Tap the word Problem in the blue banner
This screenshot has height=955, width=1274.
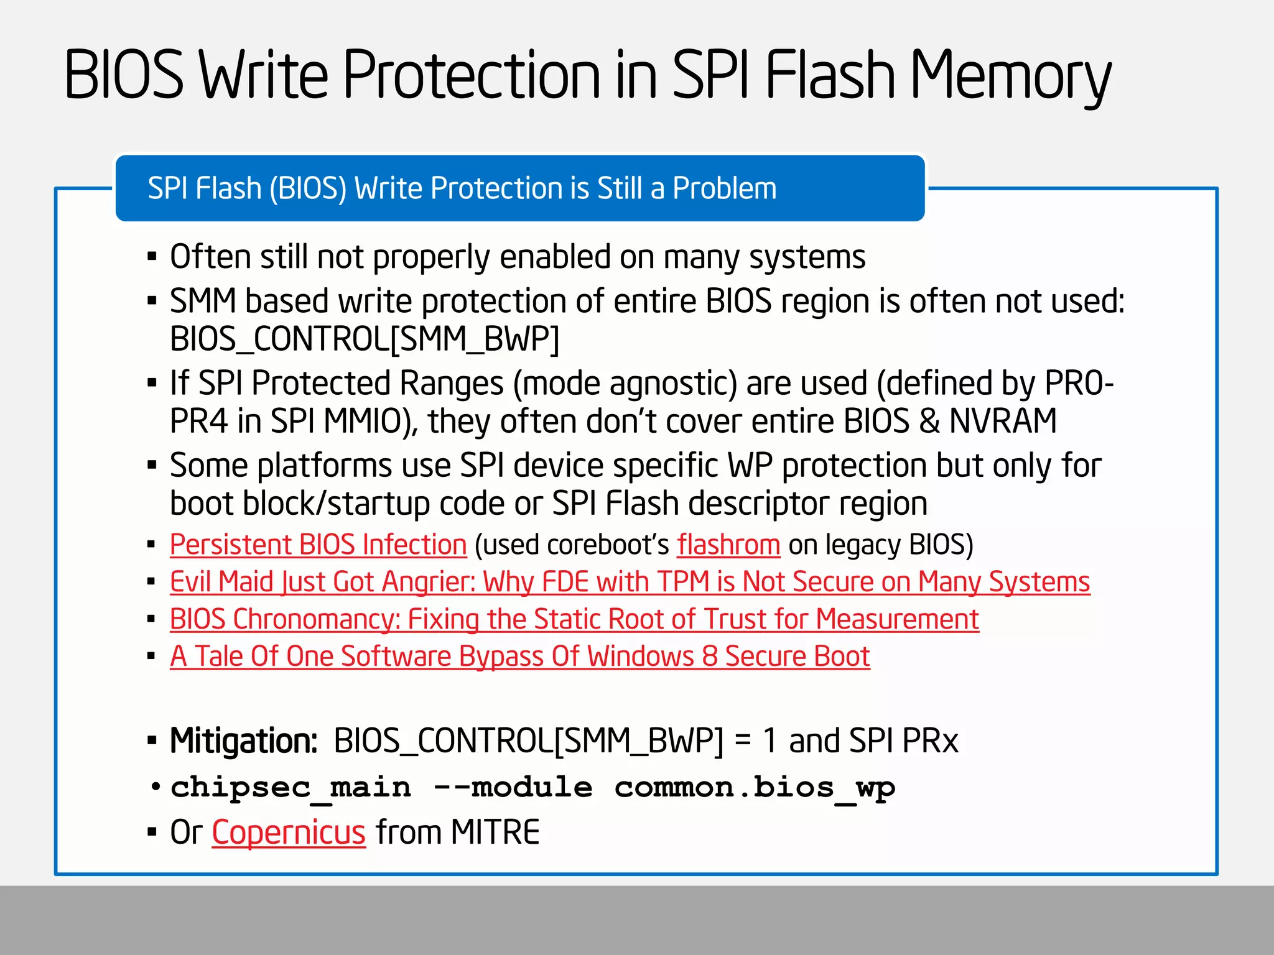[x=725, y=188]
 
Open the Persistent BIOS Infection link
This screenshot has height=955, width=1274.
[x=318, y=545]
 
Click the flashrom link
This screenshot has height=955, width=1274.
[x=728, y=545]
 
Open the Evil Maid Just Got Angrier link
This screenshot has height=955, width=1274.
[x=630, y=582]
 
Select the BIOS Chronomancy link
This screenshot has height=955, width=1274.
[x=574, y=619]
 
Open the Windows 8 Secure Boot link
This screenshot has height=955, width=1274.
[x=519, y=657]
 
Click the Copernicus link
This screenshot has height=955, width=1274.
[x=289, y=832]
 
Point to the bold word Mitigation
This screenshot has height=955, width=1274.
[x=244, y=740]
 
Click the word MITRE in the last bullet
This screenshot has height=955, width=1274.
[x=495, y=832]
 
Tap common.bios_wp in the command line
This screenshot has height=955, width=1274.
[x=755, y=788]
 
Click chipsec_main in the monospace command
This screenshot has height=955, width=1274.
[x=291, y=788]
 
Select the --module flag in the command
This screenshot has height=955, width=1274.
[x=513, y=788]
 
